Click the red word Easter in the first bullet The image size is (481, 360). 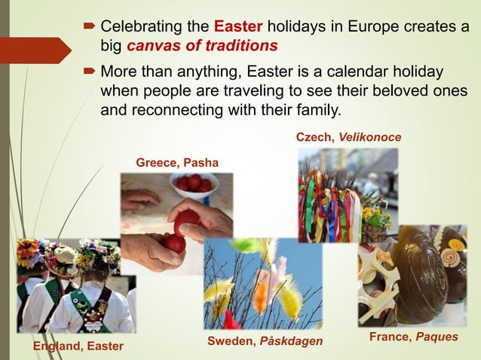[x=238, y=29]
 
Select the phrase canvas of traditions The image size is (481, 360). [x=202, y=46]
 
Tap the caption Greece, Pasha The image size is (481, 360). [x=177, y=163]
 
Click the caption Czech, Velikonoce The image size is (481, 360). [x=348, y=137]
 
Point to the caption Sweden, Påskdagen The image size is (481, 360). [x=265, y=342]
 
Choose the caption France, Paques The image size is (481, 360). [x=413, y=337]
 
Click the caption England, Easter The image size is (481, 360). [x=78, y=346]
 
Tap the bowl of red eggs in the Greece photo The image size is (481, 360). [x=195, y=185]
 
